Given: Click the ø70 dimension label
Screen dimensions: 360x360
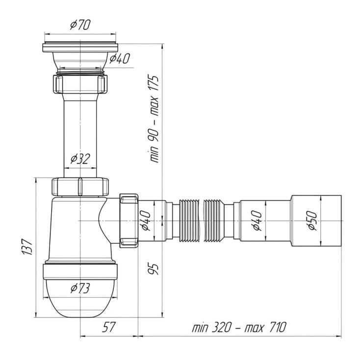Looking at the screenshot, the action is pos(80,25).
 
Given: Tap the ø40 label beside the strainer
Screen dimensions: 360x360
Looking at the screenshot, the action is pos(119,58).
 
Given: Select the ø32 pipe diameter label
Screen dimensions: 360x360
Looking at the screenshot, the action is pos(80,159).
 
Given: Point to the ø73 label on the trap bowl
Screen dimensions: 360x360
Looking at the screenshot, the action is pos(80,288).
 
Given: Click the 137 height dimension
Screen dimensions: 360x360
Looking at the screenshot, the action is pos(27,247).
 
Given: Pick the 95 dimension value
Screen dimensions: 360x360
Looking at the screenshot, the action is pos(153,269).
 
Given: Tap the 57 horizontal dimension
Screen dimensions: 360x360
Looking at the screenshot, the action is pos(108,327).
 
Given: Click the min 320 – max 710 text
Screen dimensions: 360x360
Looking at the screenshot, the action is pos(239,327).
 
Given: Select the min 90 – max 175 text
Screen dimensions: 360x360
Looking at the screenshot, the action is pos(154,119).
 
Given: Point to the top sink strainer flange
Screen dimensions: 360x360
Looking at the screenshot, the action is pos(80,47).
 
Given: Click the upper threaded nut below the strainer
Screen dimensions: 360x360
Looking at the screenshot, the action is pos(80,84).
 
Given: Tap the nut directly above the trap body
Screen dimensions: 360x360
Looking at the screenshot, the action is pos(80,187).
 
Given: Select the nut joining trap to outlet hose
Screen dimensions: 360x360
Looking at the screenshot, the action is pos(129,220).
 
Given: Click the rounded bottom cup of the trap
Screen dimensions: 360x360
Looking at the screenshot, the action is pos(80,298).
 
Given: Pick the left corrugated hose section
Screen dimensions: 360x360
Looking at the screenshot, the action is pos(189,221).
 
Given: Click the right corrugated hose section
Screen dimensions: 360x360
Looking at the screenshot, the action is pos(214,221).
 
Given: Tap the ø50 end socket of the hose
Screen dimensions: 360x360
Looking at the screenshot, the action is pos(316,221).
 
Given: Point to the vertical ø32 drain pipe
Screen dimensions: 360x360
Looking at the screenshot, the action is pos(80,135).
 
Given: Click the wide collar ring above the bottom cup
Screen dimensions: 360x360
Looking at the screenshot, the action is pos(80,272).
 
